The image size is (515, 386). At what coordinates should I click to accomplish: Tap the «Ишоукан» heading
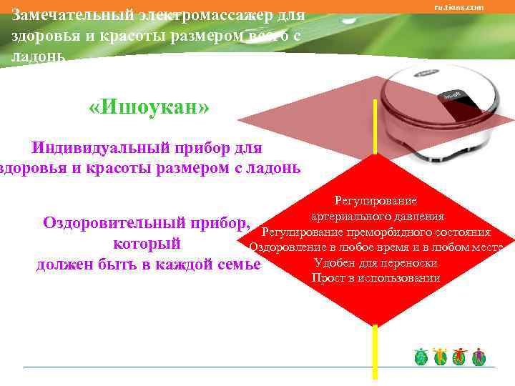click(x=149, y=107)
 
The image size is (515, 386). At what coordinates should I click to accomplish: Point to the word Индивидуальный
click(x=99, y=149)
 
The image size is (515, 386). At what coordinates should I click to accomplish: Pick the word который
click(x=146, y=244)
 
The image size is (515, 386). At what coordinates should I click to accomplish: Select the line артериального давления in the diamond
click(x=378, y=217)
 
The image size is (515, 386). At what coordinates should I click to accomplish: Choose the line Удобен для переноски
click(x=376, y=263)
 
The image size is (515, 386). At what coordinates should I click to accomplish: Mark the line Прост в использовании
click(x=376, y=278)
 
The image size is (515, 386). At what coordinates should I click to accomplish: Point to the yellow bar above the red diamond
click(x=373, y=125)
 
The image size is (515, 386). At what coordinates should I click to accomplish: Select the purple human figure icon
click(x=479, y=357)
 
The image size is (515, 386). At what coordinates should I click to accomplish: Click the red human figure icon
click(x=459, y=357)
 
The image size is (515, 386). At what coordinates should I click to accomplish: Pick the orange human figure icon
click(x=440, y=357)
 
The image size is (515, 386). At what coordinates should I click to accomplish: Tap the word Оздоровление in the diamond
click(x=283, y=248)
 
